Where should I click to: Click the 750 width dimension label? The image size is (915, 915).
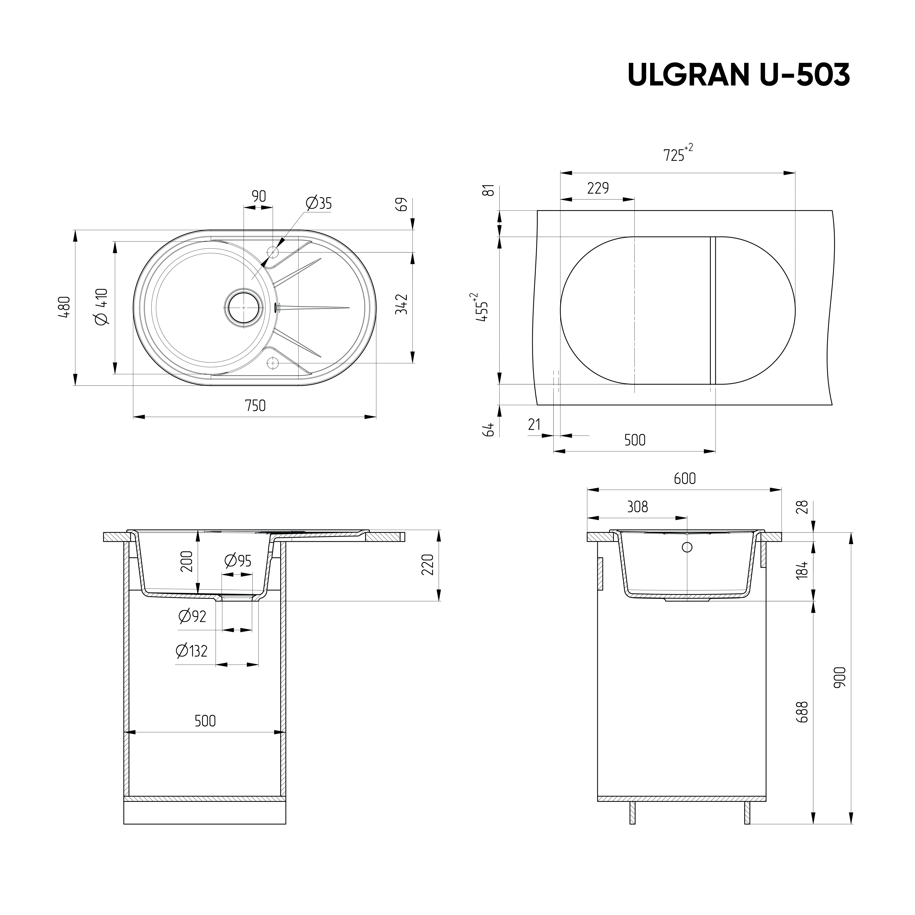tap(255, 406)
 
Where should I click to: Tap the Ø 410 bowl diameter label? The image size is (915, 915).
tap(102, 307)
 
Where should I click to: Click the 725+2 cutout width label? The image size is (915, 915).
tap(677, 154)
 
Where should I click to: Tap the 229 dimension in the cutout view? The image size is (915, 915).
tap(598, 189)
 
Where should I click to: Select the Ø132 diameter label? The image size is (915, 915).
tap(191, 651)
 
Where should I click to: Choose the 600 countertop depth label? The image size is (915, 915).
tap(685, 479)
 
